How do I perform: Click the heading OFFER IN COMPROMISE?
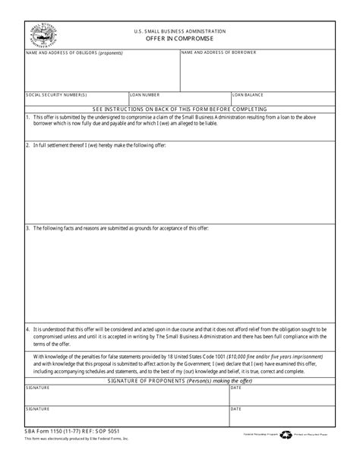pyautogui.click(x=180, y=38)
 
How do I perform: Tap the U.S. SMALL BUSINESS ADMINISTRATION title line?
pyautogui.click(x=180, y=30)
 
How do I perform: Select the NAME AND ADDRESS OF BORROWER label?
pyautogui.click(x=218, y=52)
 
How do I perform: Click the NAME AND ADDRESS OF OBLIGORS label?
pyautogui.click(x=74, y=52)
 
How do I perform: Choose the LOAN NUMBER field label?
pyautogui.click(x=145, y=95)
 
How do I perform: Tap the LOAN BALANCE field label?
pyautogui.click(x=248, y=95)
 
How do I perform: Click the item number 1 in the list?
pyautogui.click(x=27, y=117)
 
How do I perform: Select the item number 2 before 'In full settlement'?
pyautogui.click(x=27, y=144)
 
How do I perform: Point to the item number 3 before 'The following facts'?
pyautogui.click(x=27, y=228)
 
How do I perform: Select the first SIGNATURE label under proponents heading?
pyautogui.click(x=38, y=387)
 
